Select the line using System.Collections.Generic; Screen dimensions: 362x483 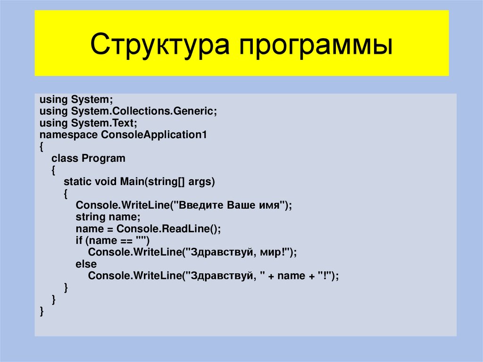[x=128, y=112]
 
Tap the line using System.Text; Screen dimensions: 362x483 [x=88, y=123]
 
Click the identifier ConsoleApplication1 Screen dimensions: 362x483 [x=154, y=135]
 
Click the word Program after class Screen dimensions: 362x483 [x=104, y=158]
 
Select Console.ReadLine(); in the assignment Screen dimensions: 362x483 [x=169, y=229]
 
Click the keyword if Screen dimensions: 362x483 [x=79, y=241]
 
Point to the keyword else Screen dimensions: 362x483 [x=86, y=264]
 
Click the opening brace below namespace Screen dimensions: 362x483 [x=42, y=147]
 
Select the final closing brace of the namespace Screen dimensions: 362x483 [x=42, y=311]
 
